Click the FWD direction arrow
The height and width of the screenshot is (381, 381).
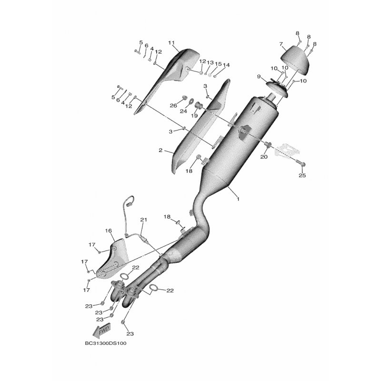point(102,330)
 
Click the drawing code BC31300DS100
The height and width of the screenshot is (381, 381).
point(106,343)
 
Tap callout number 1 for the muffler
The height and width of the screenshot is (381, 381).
point(238,199)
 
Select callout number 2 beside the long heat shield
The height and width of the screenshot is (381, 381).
point(160,150)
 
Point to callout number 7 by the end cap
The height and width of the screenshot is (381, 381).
point(281,44)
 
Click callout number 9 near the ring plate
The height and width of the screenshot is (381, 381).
point(259,77)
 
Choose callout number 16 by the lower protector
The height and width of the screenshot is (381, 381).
point(109,231)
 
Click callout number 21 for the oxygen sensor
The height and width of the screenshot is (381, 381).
point(144,220)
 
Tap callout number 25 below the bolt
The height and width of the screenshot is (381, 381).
point(302,175)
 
